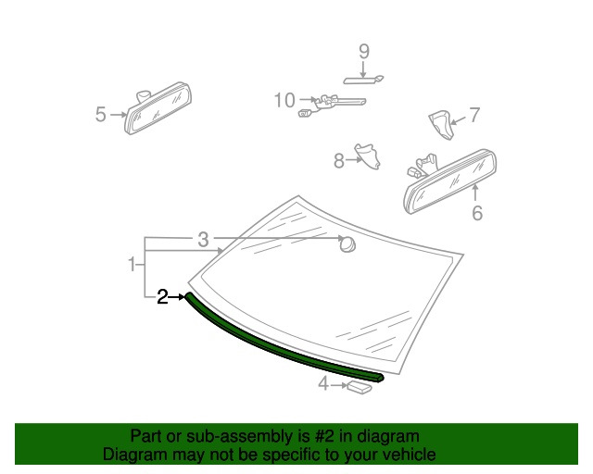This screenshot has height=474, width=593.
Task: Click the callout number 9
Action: [364, 51]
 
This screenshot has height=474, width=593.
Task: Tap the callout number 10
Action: [284, 100]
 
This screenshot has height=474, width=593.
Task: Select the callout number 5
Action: [101, 114]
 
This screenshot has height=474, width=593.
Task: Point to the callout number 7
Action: [474, 115]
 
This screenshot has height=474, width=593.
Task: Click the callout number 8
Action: [339, 161]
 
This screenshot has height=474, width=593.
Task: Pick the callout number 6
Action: [477, 213]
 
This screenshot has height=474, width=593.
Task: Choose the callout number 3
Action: [203, 240]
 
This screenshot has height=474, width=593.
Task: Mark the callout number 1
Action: [132, 264]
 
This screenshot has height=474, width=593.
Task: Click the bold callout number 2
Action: [162, 297]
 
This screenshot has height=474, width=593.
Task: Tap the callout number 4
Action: [323, 383]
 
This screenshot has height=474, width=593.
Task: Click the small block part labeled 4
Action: [360, 388]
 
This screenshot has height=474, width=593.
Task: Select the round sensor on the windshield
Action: [347, 243]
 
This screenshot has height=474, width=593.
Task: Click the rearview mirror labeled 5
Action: [158, 108]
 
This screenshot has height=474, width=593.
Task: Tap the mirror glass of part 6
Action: [450, 182]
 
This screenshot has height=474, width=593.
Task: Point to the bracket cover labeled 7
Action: [441, 125]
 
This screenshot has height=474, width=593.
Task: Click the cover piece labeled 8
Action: [367, 156]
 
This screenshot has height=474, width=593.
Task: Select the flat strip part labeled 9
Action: [363, 81]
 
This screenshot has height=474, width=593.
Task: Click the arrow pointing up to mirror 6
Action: [475, 192]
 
